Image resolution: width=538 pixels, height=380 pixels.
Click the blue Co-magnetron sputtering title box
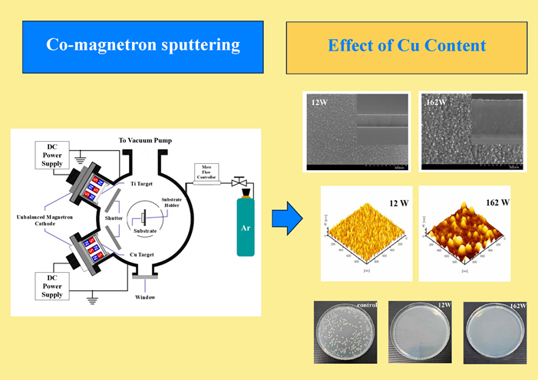(143, 45)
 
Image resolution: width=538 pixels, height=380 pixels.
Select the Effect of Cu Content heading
(406, 45)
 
